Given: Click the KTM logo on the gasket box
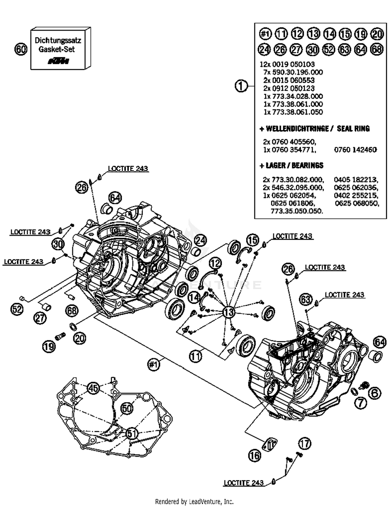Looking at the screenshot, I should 59,61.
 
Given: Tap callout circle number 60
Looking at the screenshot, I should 21,49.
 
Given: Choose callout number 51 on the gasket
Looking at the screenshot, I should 132,433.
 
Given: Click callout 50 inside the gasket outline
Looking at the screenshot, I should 127,408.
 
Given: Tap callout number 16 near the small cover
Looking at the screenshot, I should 254,455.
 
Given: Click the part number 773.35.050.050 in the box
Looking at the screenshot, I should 297,211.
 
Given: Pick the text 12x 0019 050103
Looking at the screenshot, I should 287,64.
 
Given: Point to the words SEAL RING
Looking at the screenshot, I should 353,128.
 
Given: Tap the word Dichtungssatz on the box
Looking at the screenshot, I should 58,40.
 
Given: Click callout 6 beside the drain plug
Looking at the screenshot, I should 375,393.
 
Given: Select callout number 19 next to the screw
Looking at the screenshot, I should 49,346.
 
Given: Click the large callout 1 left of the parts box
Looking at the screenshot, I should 241,86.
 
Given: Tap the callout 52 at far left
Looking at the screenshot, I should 17,309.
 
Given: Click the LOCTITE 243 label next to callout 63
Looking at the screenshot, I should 344,295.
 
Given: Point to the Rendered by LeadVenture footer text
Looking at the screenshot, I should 194,502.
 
